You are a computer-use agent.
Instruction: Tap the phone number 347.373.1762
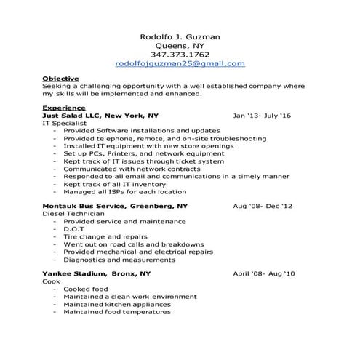pos(180,54)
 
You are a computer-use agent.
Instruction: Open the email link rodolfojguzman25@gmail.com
pos(180,64)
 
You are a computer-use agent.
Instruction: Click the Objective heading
pos(60,78)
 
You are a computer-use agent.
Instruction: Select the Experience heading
pos(63,108)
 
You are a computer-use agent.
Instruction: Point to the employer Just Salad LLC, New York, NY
pos(100,116)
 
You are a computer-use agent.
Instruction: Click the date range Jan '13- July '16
pos(262,116)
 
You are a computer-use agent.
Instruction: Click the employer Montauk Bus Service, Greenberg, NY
pos(115,207)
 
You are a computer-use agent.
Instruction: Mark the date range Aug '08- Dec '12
pos(262,207)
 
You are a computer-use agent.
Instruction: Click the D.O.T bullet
pos(75,229)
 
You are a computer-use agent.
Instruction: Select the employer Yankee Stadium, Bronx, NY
pos(97,273)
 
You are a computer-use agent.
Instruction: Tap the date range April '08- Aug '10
pos(263,273)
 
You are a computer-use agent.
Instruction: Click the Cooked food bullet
pos(85,289)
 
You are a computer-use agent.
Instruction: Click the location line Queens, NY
pos(180,44)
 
